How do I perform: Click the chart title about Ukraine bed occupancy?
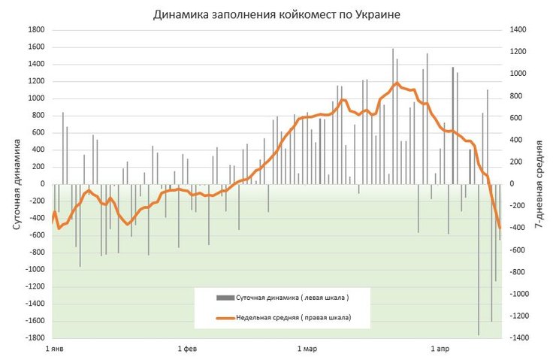(x=276, y=14)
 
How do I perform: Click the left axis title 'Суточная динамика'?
(x=17, y=183)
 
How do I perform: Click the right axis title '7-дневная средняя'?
(x=539, y=183)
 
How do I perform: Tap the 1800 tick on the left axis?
(x=36, y=30)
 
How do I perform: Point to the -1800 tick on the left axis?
(x=35, y=338)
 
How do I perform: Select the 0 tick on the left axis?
(x=42, y=184)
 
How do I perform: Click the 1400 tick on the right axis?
(x=518, y=30)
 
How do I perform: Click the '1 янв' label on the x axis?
(x=54, y=350)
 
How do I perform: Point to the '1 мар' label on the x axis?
(x=308, y=350)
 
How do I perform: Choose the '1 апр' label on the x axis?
(x=440, y=350)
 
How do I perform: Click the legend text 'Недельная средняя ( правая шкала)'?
(x=294, y=319)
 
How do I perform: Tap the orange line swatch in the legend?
(x=225, y=319)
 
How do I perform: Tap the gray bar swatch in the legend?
(x=225, y=298)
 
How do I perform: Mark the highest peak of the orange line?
(x=397, y=83)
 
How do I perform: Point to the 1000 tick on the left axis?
(x=36, y=98)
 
